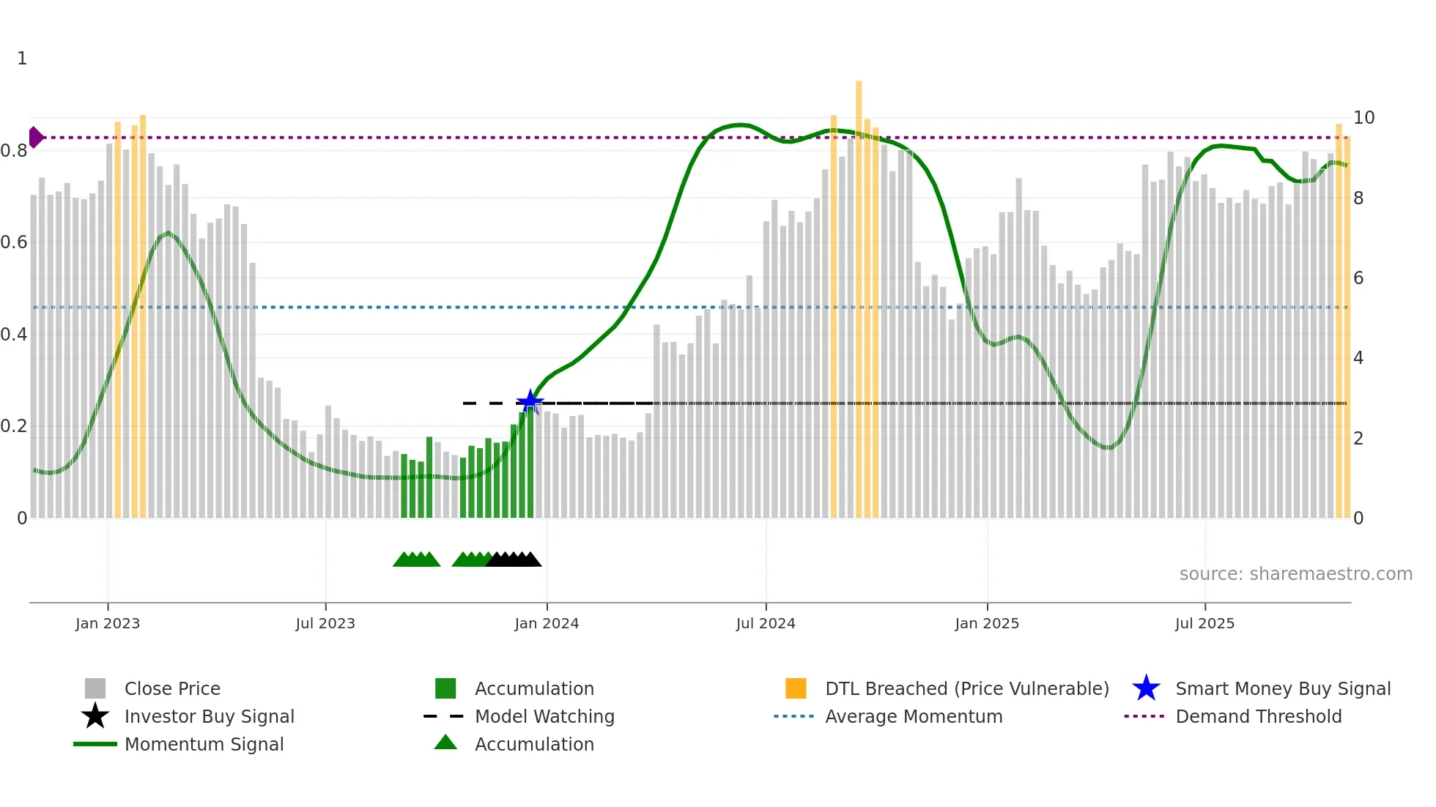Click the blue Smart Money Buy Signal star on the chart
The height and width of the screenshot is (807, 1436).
click(x=530, y=402)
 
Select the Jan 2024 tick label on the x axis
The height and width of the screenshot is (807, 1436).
click(x=547, y=623)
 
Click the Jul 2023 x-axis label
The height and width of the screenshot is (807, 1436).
click(x=325, y=623)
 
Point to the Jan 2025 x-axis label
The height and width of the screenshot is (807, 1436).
click(x=987, y=623)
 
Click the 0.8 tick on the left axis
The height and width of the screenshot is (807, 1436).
click(x=14, y=151)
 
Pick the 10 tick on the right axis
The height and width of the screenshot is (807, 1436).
click(x=1363, y=118)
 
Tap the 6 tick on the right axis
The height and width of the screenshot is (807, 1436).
click(x=1358, y=278)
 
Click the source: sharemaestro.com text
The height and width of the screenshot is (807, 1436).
click(x=1295, y=574)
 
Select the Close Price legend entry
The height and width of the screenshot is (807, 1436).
click(x=172, y=688)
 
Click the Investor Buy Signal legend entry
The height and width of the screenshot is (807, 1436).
click(x=209, y=716)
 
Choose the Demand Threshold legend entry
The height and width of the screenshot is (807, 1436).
click(x=1258, y=716)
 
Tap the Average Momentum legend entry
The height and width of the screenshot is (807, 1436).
click(x=913, y=716)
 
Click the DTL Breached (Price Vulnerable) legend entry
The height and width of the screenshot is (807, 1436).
click(x=966, y=688)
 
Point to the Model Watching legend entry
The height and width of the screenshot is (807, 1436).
click(x=544, y=716)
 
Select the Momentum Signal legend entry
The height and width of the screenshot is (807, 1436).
click(x=204, y=744)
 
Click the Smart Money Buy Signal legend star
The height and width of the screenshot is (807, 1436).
click(x=1146, y=688)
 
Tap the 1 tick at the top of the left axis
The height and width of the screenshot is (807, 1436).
click(x=22, y=59)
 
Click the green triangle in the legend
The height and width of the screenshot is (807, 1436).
click(x=445, y=743)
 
